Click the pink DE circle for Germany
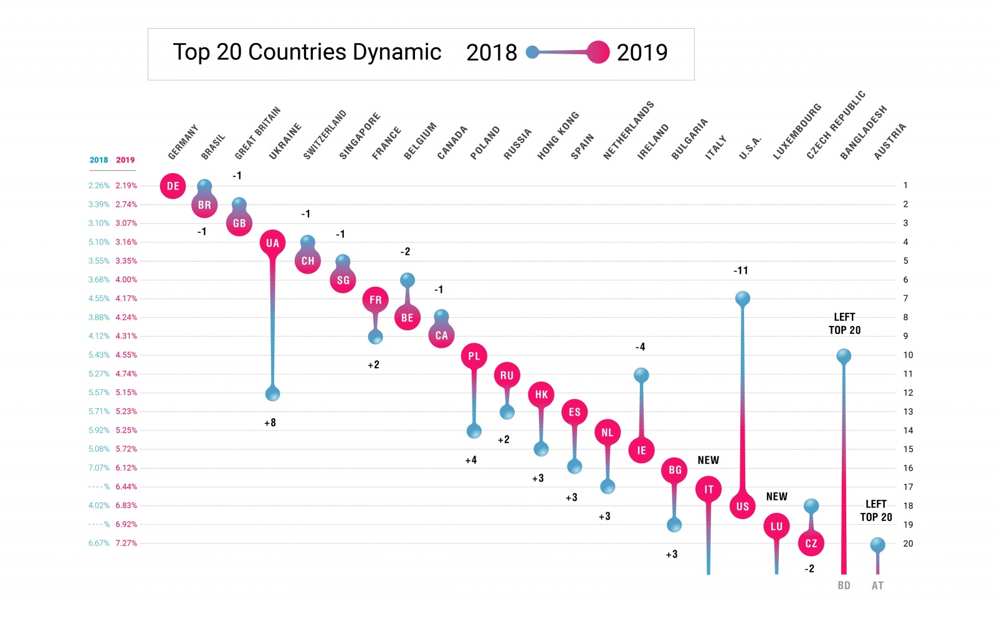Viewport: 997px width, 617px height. point(173,186)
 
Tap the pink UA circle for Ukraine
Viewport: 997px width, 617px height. point(272,242)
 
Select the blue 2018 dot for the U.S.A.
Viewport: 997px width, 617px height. point(742,299)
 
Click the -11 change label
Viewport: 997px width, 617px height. point(740,270)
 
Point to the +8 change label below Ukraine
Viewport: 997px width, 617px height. point(270,423)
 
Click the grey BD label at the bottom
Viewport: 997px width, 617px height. point(844,585)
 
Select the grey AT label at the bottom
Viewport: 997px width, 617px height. point(877,585)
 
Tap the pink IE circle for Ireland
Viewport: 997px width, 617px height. point(641,450)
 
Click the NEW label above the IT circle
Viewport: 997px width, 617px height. point(708,460)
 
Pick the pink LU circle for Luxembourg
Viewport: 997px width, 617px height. point(776,526)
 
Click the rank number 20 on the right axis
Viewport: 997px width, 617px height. point(908,543)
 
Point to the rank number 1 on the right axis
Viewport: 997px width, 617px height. point(905,185)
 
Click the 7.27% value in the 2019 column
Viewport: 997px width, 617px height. point(126,543)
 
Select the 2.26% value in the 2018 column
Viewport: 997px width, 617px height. point(98,185)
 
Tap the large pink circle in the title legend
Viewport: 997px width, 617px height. point(598,52)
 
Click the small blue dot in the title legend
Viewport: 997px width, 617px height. point(532,52)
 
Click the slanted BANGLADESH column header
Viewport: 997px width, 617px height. point(863,133)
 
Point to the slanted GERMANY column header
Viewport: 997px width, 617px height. point(183,141)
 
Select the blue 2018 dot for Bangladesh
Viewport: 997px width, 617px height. point(844,356)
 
